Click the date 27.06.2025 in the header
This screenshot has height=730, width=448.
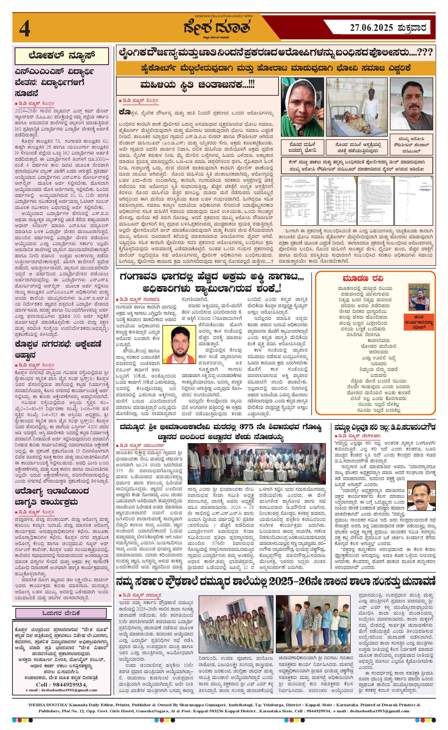[x=371, y=28]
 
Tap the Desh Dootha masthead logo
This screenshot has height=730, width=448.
[x=217, y=27]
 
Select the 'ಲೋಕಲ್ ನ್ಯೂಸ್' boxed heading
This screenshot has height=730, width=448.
[x=62, y=56]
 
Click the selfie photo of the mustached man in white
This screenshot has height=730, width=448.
[x=412, y=104]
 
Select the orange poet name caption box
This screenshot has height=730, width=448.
[x=419, y=322]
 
